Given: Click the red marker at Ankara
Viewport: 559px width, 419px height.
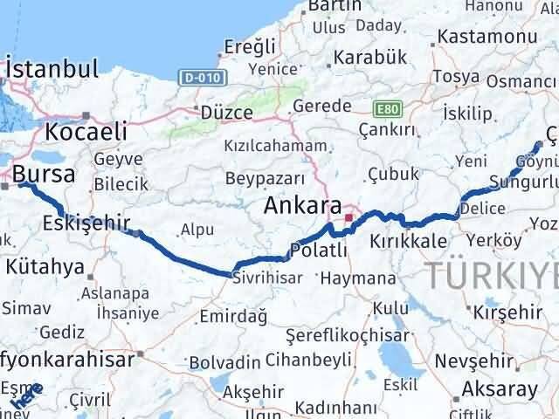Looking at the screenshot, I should coord(349,217).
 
